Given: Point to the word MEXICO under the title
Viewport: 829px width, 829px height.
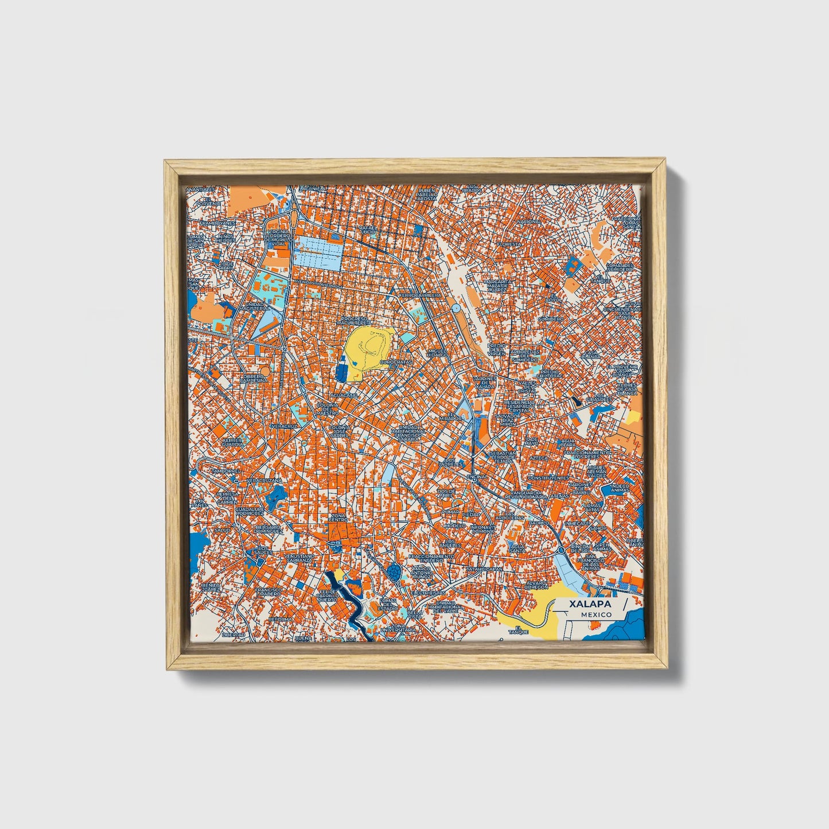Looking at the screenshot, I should click(x=596, y=614).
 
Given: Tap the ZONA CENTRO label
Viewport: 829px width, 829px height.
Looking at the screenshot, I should click(x=338, y=519).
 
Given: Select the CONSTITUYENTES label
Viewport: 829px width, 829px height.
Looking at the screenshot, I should click(x=548, y=477).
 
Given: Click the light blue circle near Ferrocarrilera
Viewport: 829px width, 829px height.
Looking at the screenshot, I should click(x=456, y=309).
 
